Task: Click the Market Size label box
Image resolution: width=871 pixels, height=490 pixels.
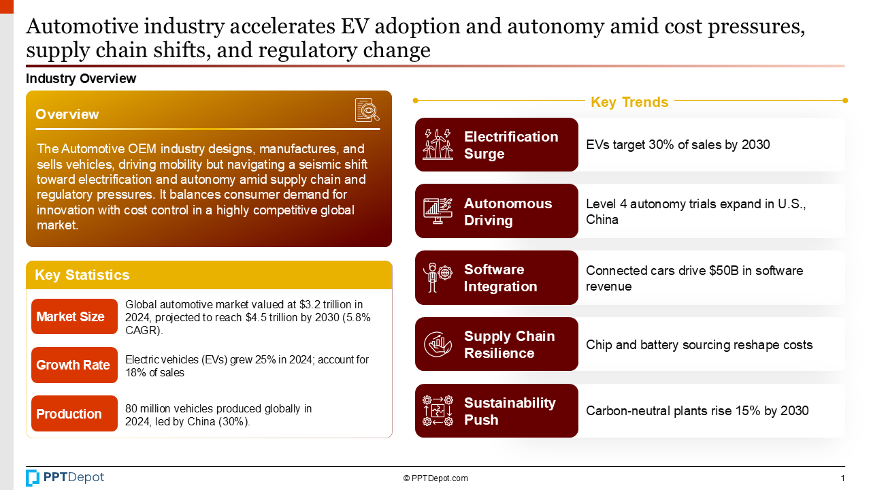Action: coord(74,316)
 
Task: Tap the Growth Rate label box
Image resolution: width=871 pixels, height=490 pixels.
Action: coord(74,365)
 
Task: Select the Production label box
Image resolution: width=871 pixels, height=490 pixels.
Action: coord(74,414)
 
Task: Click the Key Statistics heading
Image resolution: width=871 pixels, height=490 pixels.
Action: coord(82,275)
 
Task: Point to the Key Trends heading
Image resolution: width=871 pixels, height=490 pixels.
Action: coord(629,102)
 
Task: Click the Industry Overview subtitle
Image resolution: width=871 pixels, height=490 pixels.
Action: coord(81,78)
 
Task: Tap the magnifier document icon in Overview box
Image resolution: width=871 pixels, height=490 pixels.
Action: coord(367,110)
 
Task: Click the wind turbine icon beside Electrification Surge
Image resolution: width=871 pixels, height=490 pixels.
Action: coord(438,144)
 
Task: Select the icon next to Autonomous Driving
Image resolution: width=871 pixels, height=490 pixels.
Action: coord(438,211)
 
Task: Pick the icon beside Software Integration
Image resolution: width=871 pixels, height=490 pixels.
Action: coord(438,278)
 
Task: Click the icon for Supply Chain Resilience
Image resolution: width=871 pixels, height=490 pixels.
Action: coord(438,344)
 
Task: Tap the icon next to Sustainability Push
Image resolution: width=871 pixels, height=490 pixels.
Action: coord(438,411)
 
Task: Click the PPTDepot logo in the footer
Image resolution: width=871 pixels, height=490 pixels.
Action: coord(65,478)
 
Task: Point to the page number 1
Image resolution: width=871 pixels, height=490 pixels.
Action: coord(842,478)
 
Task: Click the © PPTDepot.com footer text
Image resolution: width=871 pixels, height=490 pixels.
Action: coord(435,478)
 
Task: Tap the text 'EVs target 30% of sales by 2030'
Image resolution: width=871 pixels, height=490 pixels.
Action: coord(678,144)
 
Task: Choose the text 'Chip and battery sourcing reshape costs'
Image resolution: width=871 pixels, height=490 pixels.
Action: coord(699,345)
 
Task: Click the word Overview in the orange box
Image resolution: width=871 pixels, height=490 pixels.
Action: coord(67,114)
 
